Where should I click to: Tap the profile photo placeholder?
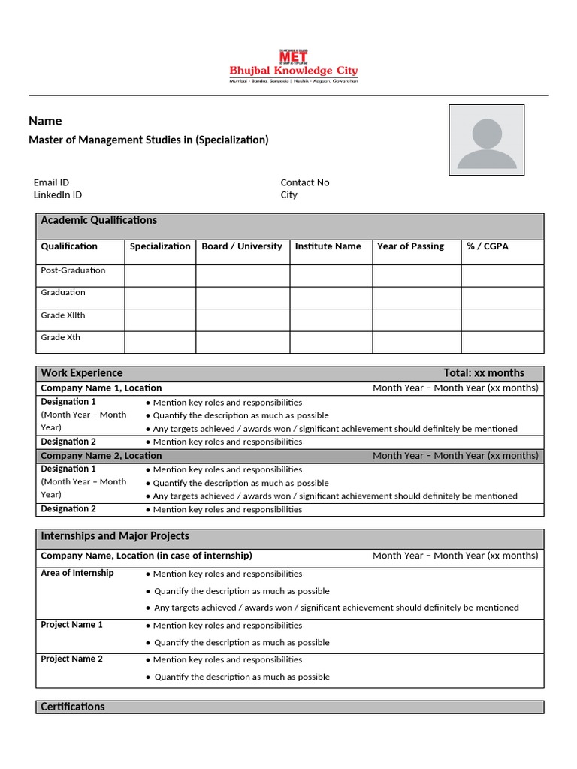coord(486,140)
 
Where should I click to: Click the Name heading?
coord(45,121)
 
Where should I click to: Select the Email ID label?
coord(51,182)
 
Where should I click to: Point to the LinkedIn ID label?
coord(58,195)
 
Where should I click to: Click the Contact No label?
coord(304,182)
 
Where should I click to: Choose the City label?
coord(288,195)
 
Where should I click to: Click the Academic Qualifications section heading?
coord(98,220)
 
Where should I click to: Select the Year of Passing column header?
coord(410,246)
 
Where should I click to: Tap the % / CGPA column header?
coord(487,246)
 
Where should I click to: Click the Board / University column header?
coord(242,246)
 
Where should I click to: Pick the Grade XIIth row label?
coord(63,315)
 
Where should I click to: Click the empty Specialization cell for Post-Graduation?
coord(160,276)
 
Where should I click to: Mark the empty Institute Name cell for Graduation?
coord(331,297)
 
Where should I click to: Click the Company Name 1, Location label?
coord(101,388)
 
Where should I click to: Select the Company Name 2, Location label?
coord(101,456)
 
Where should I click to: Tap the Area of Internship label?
coord(77,573)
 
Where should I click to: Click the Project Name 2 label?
coord(71,659)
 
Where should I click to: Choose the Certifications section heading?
coord(73,707)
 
